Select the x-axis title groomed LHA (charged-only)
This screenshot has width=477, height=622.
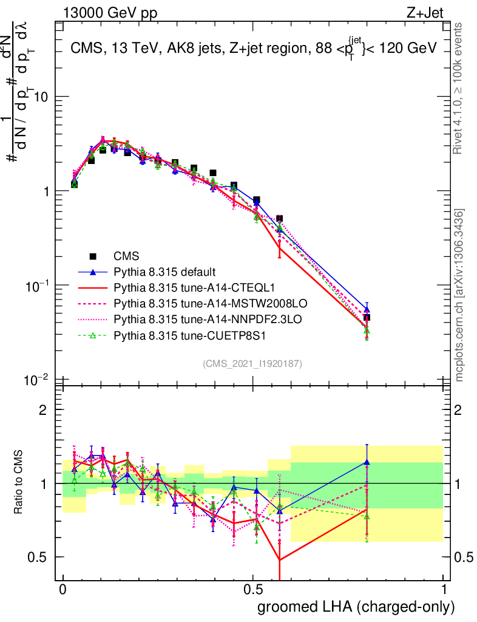356,607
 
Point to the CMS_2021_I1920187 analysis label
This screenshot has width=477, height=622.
252,363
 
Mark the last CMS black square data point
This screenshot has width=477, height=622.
367,318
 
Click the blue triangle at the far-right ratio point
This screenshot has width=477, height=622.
367,462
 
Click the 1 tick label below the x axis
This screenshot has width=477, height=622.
443,590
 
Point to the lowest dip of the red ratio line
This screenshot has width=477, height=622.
279,559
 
